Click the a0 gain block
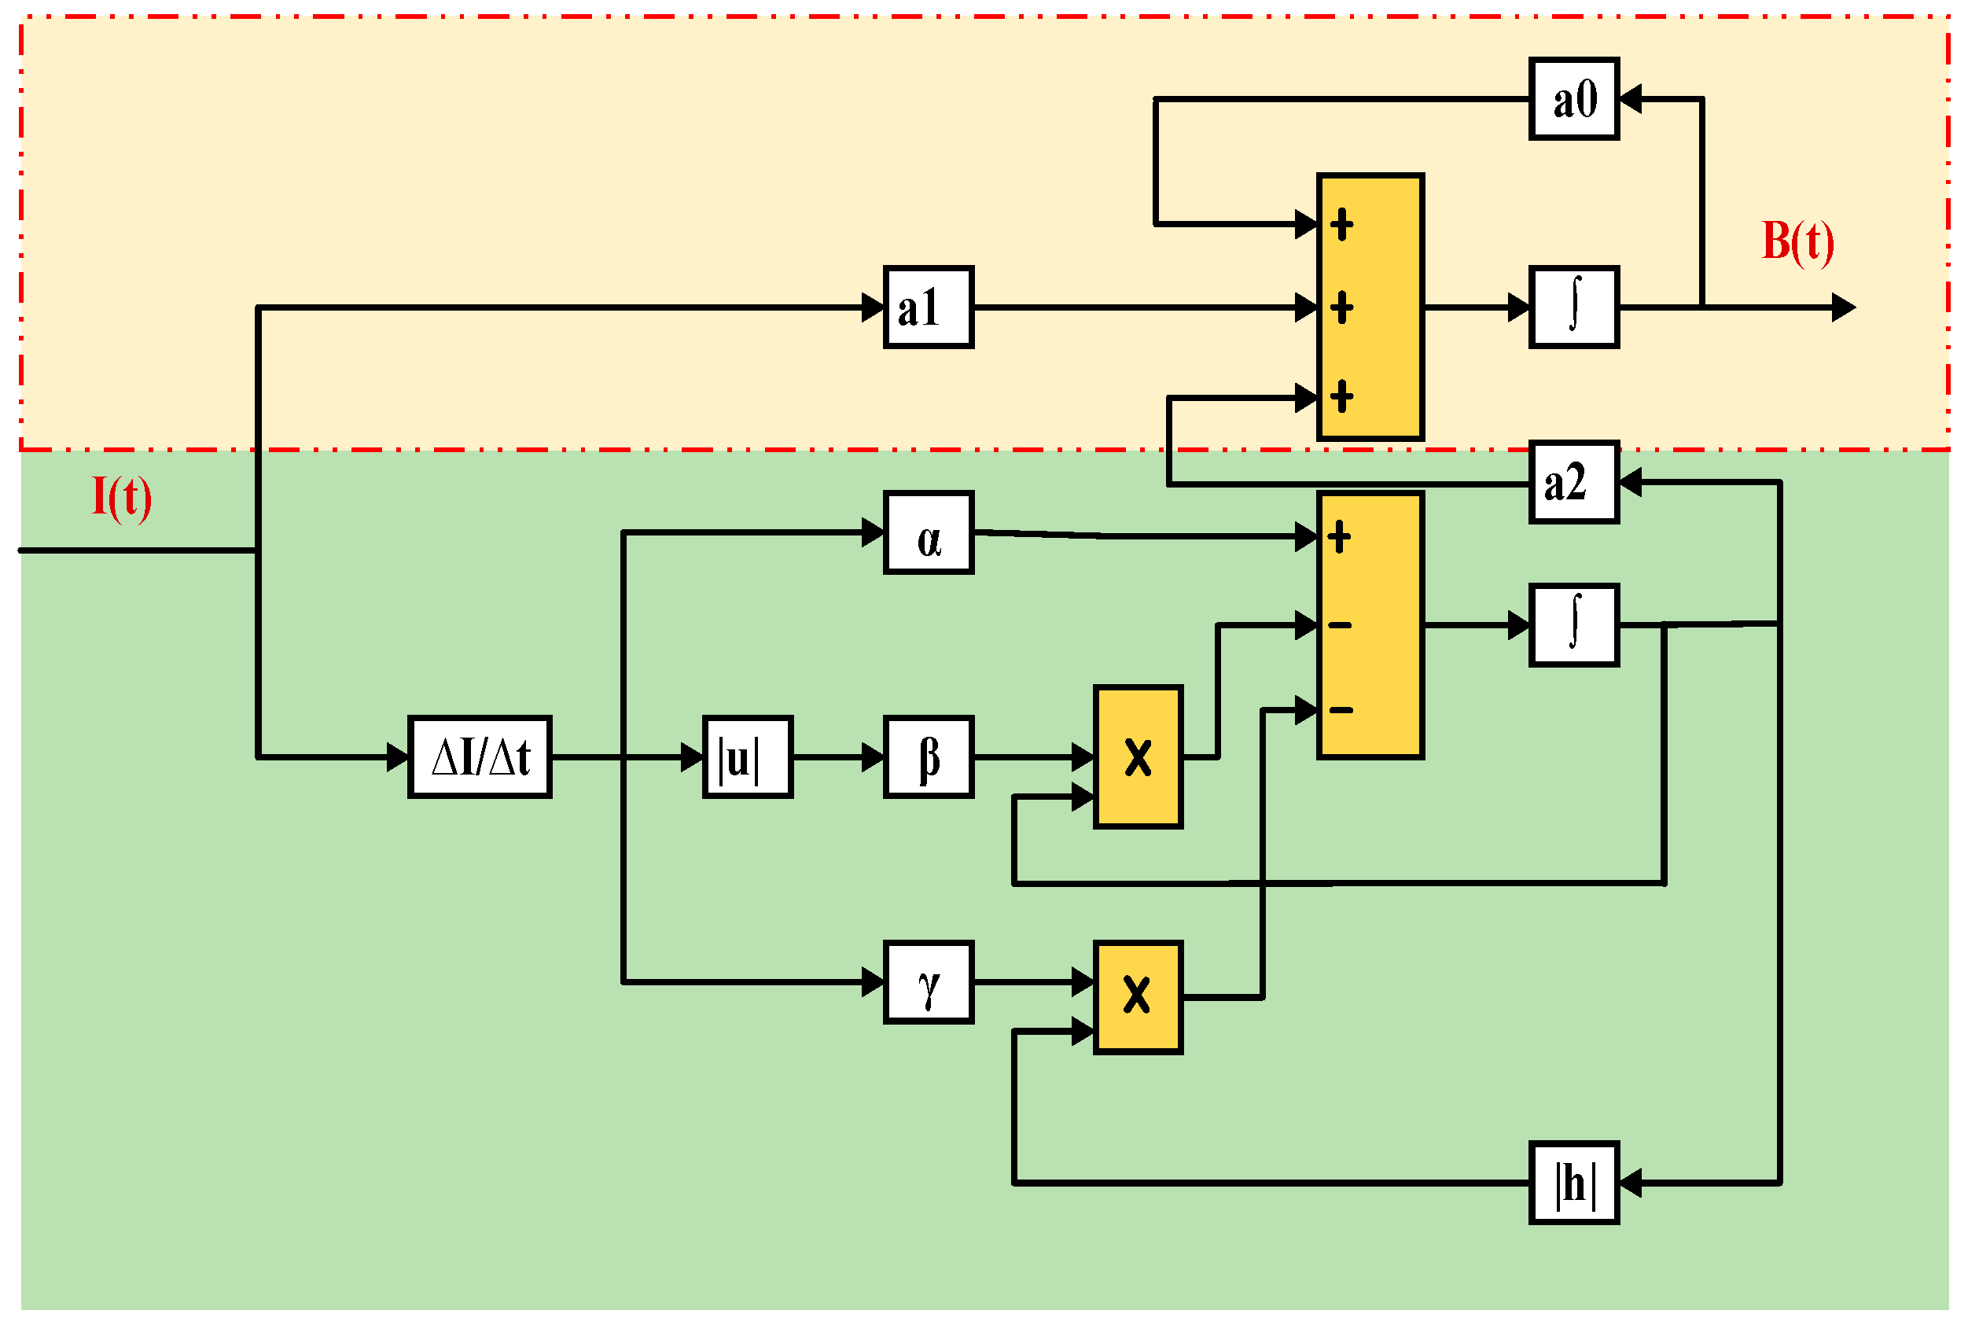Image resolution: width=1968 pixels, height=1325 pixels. (x=1573, y=99)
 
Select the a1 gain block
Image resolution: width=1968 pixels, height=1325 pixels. (x=928, y=307)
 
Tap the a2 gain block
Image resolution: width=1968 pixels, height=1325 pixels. (x=1573, y=483)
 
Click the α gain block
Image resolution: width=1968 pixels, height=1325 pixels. (x=928, y=533)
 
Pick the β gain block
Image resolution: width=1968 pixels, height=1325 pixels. (x=928, y=757)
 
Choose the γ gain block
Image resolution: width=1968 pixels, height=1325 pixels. (x=928, y=983)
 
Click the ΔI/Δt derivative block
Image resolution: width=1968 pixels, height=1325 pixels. (x=480, y=757)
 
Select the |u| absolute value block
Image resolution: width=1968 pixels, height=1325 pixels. (x=748, y=757)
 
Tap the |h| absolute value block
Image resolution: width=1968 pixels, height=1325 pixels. (x=1573, y=1183)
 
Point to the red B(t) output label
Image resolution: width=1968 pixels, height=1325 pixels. (x=1797, y=241)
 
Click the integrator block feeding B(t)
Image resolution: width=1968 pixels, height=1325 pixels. (x=1573, y=307)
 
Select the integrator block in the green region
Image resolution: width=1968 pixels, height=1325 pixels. (x=1573, y=625)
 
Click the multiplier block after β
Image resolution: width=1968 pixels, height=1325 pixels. (x=1138, y=757)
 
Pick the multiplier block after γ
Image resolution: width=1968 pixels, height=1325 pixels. (x=1138, y=997)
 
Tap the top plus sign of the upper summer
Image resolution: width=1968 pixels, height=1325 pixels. (x=1341, y=225)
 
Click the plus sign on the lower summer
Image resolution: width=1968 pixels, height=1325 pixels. (x=1339, y=536)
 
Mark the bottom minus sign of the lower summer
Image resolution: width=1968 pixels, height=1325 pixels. (x=1340, y=710)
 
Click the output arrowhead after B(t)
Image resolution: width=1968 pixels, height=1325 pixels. (x=1844, y=307)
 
